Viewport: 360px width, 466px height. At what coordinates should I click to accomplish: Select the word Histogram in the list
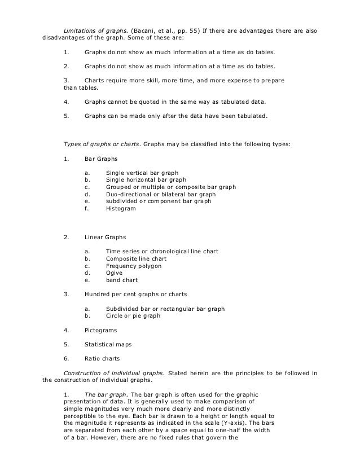121,209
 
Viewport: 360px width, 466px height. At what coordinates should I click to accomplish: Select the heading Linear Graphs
105,237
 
